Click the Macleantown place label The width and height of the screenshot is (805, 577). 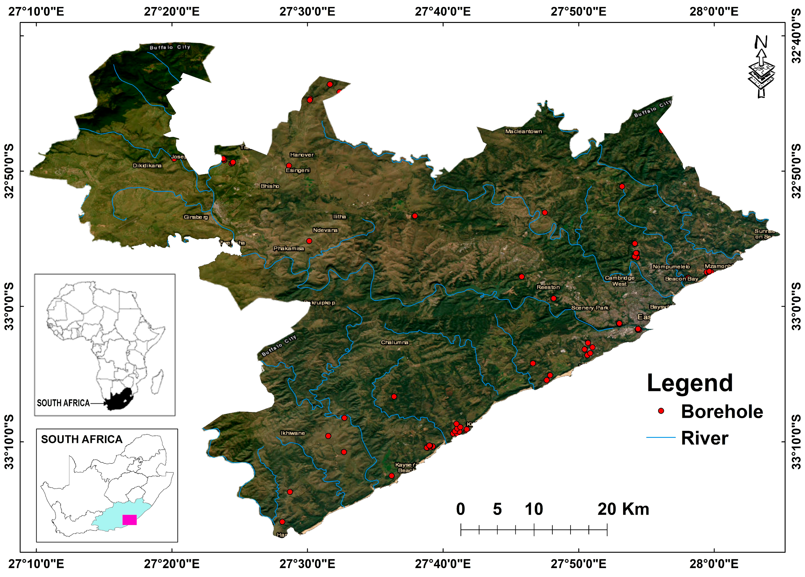pos(523,131)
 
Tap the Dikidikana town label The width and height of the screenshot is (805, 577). pos(147,165)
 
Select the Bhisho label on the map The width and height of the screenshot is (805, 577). pos(270,186)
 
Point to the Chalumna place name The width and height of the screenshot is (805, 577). pos(394,342)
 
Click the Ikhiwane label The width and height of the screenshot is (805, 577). pos(292,433)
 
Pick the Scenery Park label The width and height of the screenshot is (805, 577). pos(590,308)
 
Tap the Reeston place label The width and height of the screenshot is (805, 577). pos(548,287)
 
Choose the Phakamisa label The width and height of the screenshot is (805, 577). pos(289,248)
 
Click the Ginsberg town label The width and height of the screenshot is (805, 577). pos(196,217)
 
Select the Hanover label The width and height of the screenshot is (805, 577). pos(302,155)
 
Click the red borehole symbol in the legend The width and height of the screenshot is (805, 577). pos(661,411)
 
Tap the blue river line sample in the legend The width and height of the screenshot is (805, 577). pos(661,438)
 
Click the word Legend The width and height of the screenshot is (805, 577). pos(690,383)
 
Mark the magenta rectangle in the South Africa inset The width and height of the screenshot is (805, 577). pos(130,520)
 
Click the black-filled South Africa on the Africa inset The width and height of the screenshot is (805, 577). pos(121,399)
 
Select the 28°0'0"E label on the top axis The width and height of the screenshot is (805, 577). pos(714,12)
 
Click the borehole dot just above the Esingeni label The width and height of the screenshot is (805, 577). pos(289,166)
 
